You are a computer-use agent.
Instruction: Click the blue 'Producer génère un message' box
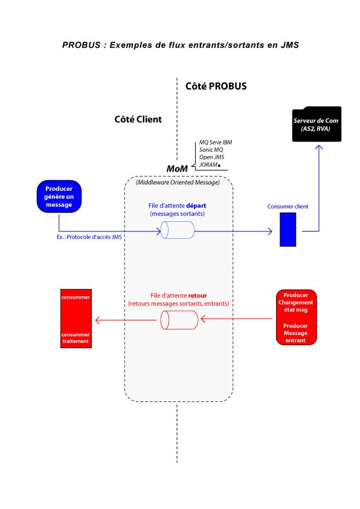59,196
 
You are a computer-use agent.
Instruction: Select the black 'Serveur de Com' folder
317,124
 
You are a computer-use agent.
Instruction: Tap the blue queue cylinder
178,230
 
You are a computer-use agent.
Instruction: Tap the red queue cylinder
179,320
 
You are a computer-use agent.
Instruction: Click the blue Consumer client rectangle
288,230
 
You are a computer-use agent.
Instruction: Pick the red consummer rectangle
76,319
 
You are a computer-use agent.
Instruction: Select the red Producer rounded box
297,317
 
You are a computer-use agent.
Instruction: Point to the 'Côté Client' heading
138,120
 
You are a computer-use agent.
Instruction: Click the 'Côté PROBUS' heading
216,86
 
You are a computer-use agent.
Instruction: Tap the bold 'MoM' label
177,169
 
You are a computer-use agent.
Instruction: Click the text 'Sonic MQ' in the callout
211,150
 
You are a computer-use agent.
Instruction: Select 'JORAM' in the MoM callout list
208,164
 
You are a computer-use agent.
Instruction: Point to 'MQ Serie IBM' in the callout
216,142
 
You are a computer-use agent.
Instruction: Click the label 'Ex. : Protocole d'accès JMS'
89,237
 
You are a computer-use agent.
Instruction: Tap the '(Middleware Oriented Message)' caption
178,183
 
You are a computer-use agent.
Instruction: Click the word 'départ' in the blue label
196,206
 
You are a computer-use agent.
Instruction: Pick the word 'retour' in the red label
198,296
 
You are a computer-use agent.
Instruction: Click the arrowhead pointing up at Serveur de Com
319,148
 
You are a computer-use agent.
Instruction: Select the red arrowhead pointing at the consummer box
98,320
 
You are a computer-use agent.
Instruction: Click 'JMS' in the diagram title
290,45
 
